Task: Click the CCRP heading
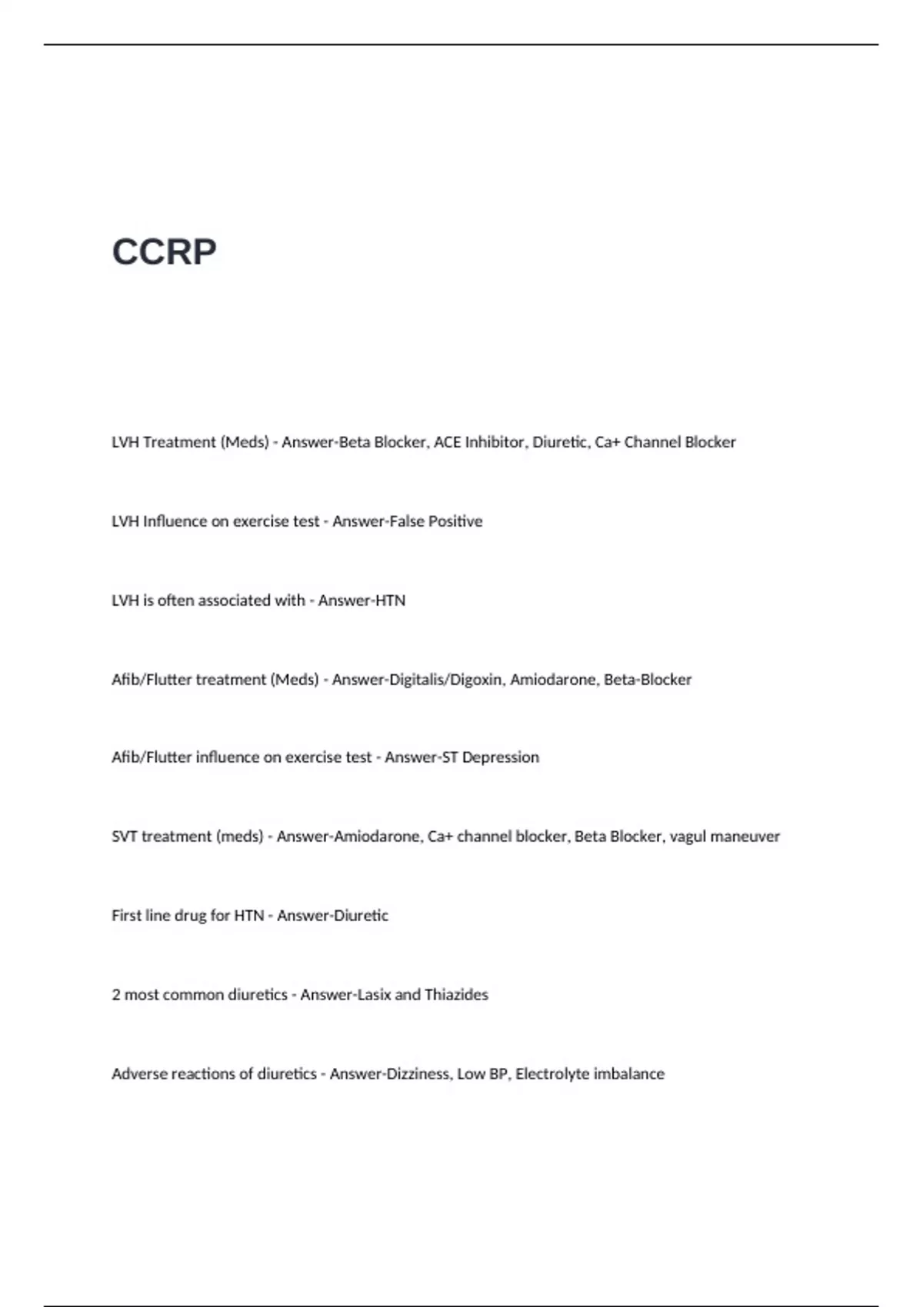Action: coord(164,252)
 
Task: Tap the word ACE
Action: coord(447,442)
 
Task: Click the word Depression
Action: coord(500,757)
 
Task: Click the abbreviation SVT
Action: coord(123,836)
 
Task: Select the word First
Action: coord(125,916)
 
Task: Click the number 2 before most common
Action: coord(116,995)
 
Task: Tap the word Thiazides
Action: coord(456,995)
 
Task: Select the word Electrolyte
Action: coord(551,1074)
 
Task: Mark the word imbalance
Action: coord(628,1074)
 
